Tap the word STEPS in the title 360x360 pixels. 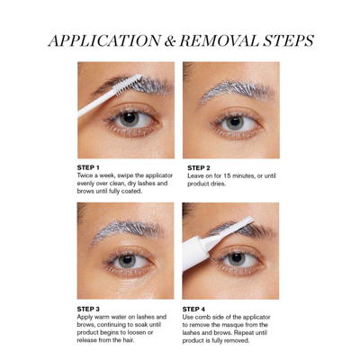(x=289, y=40)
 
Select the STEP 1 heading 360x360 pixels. (x=92, y=166)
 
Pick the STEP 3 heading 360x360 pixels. (x=92, y=308)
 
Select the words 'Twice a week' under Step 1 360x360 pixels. (x=97, y=175)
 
